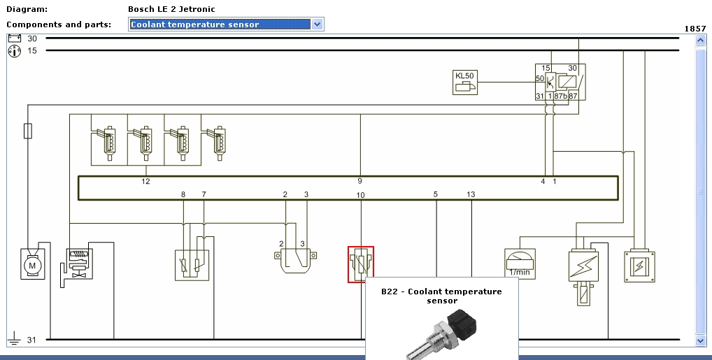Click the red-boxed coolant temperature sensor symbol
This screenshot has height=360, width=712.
tap(361, 264)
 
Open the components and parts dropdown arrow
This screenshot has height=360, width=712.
tap(318, 24)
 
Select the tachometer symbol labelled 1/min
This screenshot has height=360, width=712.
tap(520, 264)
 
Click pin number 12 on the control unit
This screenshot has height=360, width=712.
tap(145, 182)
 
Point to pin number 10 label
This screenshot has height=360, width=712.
tap(360, 195)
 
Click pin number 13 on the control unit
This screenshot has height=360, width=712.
tap(471, 194)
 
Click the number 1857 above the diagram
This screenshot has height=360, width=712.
tap(695, 29)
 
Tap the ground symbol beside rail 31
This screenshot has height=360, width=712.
tap(13, 340)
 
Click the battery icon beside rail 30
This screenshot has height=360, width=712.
tap(14, 38)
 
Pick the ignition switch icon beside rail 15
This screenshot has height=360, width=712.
tap(14, 50)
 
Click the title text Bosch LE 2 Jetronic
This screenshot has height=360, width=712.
tap(172, 9)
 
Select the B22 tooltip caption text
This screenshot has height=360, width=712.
tap(441, 296)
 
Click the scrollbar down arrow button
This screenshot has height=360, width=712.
tap(701, 340)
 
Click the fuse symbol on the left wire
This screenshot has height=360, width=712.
tap(27, 131)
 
